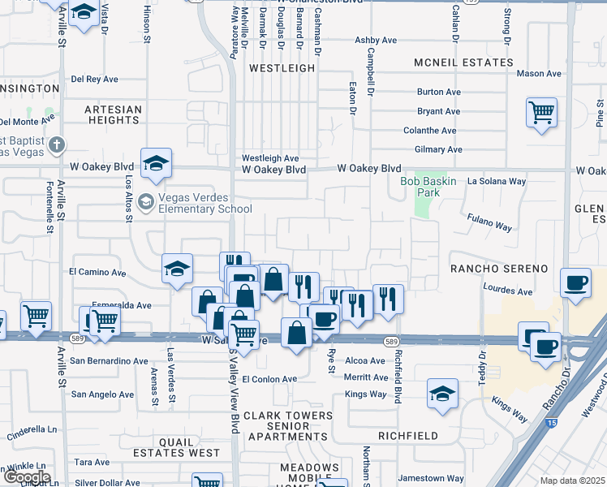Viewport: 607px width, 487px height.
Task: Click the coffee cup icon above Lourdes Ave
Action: click(575, 283)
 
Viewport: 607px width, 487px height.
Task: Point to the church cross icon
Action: click(56, 146)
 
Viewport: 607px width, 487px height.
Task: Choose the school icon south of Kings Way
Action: click(441, 394)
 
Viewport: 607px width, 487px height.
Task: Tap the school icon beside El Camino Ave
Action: click(177, 270)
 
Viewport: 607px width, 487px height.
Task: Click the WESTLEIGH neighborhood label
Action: click(282, 69)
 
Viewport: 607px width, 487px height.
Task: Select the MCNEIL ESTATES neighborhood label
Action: click(463, 62)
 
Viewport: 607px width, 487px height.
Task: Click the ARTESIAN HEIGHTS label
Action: click(114, 114)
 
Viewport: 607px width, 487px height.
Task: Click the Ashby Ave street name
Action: click(376, 40)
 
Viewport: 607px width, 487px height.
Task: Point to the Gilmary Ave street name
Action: click(437, 149)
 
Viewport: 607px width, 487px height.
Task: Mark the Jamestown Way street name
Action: click(436, 479)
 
